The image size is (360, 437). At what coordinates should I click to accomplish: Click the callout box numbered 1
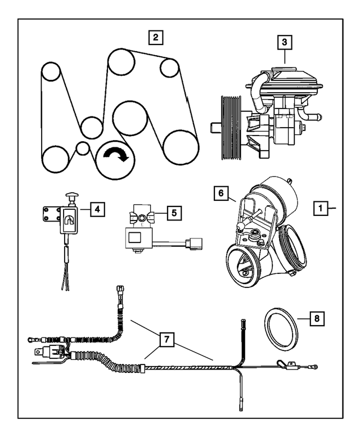click(320, 208)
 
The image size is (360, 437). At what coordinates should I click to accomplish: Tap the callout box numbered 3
click(285, 42)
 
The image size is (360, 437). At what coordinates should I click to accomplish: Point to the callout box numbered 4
click(97, 209)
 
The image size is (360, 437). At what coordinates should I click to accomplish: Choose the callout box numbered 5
click(174, 213)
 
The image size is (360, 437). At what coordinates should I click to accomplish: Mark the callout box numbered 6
click(220, 193)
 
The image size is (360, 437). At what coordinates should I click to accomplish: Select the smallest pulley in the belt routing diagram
click(83, 148)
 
